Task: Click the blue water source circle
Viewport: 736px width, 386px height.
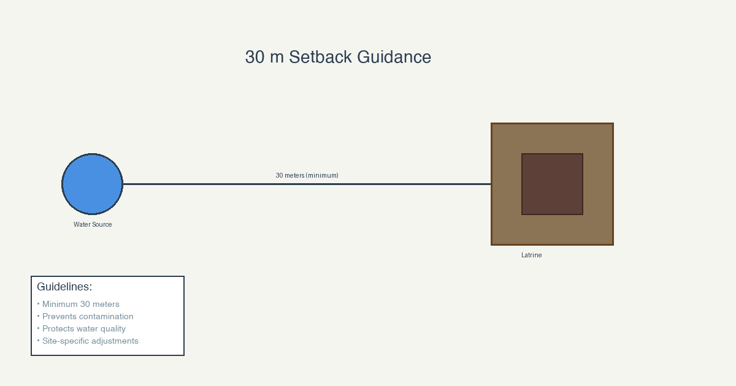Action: click(x=93, y=184)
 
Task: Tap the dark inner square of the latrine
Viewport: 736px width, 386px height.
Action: click(x=553, y=184)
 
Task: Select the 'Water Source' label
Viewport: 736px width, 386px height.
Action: click(x=93, y=224)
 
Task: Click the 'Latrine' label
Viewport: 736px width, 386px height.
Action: click(x=532, y=255)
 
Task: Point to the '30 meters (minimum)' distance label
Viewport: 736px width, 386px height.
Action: click(x=307, y=176)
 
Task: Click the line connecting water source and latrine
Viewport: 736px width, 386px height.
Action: click(x=307, y=184)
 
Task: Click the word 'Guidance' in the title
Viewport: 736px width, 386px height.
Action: click(x=394, y=57)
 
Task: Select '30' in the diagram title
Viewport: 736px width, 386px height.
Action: click(x=255, y=57)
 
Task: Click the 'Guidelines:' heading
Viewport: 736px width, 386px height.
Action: click(x=64, y=287)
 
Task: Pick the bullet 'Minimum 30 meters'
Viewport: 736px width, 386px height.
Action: click(x=79, y=305)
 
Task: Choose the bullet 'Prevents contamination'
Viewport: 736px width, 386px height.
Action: click(x=85, y=316)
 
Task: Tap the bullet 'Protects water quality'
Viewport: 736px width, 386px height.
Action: click(x=81, y=329)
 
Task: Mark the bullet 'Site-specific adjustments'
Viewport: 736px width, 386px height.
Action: click(x=88, y=341)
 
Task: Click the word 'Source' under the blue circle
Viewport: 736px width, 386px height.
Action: click(x=102, y=224)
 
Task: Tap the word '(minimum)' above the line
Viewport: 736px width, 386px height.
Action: click(x=322, y=176)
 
